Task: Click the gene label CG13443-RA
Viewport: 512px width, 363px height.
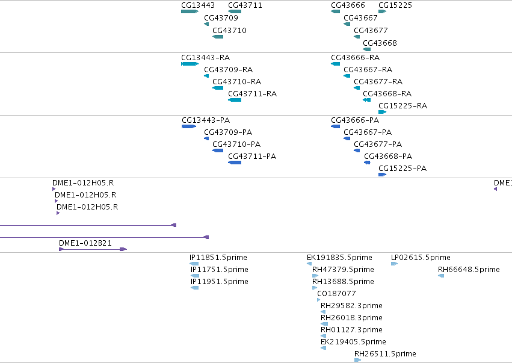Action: pyautogui.click(x=205, y=58)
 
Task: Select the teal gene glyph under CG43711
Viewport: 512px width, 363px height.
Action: pyautogui.click(x=235, y=11)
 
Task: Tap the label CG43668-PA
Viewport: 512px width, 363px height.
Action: pyautogui.click(x=388, y=157)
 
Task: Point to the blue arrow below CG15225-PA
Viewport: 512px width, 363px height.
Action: pyautogui.click(x=383, y=175)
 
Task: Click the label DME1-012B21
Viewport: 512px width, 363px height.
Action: pyautogui.click(x=85, y=243)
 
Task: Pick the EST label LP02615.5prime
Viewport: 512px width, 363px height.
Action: pyautogui.click(x=421, y=258)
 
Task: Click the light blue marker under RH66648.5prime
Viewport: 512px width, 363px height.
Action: pyautogui.click(x=441, y=276)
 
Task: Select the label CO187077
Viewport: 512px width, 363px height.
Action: pyautogui.click(x=336, y=294)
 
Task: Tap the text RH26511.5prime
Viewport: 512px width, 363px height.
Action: pyautogui.click(x=385, y=354)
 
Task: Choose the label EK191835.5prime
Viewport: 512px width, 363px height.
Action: pyautogui.click(x=339, y=258)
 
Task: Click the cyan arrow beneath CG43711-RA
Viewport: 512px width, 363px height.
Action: pyautogui.click(x=235, y=100)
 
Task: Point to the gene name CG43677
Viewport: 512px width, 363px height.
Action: pyautogui.click(x=371, y=31)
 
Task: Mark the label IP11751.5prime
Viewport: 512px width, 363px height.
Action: pyautogui.click(x=220, y=270)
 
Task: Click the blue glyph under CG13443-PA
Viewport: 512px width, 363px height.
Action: pyautogui.click(x=189, y=126)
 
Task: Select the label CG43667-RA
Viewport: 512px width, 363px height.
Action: pyautogui.click(x=368, y=70)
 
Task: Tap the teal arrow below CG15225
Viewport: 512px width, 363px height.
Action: pyautogui.click(x=383, y=11)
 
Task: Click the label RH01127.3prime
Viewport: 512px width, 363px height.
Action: pyautogui.click(x=351, y=330)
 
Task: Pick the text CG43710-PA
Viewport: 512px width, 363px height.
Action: pyautogui.click(x=236, y=144)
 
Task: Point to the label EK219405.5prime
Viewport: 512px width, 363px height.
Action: pyautogui.click(x=353, y=342)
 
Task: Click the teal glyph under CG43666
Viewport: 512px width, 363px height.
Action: pyautogui.click(x=335, y=11)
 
